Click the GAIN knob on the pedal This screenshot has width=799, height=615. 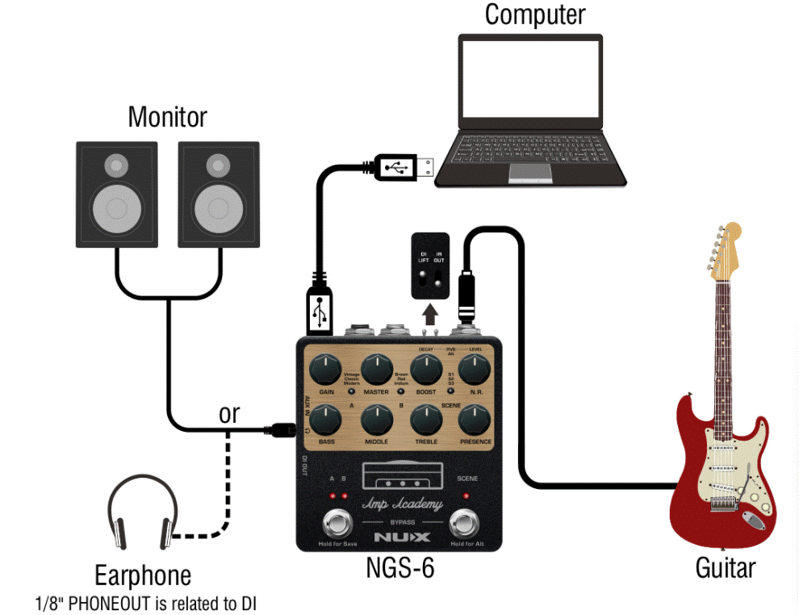tap(326, 371)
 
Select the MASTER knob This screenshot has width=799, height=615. tap(376, 371)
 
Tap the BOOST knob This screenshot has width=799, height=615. tap(426, 371)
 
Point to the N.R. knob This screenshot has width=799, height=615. tap(476, 371)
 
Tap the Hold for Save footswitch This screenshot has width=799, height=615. tap(337, 524)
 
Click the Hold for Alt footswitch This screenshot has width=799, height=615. tap(466, 524)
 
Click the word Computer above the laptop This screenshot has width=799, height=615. tap(534, 15)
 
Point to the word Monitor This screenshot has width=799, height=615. tap(167, 117)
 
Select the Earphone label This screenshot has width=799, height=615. tap(143, 575)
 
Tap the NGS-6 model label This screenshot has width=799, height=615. tap(399, 568)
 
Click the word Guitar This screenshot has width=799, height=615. tap(725, 567)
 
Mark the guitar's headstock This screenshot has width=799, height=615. tap(723, 246)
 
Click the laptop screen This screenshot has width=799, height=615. tap(531, 80)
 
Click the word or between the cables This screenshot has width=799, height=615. tap(229, 413)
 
